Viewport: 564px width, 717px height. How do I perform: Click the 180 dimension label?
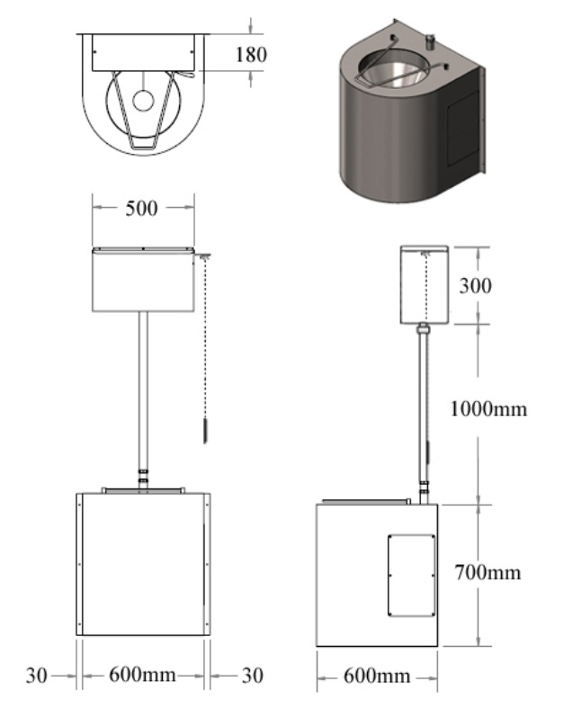click(x=251, y=54)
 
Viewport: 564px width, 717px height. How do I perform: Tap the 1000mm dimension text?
click(x=487, y=409)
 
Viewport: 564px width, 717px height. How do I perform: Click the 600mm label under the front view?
click(x=144, y=675)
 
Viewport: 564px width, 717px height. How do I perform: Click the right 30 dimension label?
click(x=252, y=675)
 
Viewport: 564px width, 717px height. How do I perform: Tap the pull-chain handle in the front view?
click(x=204, y=430)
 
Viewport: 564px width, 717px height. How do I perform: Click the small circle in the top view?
click(x=145, y=100)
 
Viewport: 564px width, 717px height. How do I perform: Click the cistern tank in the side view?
click(x=424, y=284)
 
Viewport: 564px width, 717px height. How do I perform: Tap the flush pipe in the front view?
click(x=144, y=387)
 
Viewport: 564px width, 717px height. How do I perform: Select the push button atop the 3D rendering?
click(x=430, y=40)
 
